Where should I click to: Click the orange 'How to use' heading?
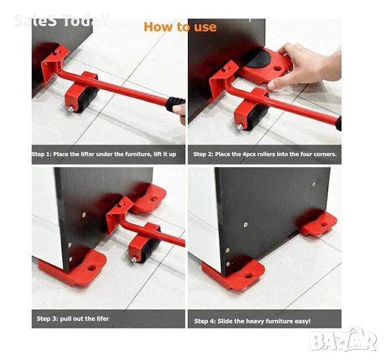180,27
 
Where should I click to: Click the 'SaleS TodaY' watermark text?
61,21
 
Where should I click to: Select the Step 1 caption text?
104,154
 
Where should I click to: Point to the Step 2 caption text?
264,154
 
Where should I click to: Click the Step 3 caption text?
73,319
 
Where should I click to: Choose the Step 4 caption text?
252,321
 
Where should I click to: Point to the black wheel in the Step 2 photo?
257,117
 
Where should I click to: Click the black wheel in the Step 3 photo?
149,250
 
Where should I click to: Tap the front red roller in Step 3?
74,268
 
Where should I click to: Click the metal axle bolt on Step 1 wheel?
70,109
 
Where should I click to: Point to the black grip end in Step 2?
339,123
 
